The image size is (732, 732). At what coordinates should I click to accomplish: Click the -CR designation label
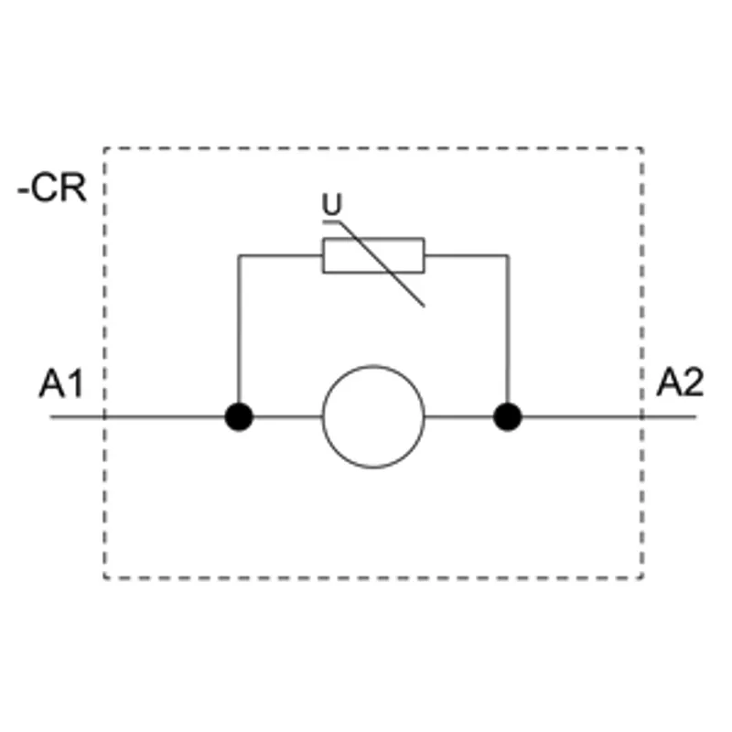point(52,188)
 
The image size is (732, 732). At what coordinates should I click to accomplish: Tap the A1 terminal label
point(61,383)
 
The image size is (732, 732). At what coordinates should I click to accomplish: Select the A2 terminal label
point(680,382)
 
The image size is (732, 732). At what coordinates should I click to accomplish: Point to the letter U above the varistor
point(332,204)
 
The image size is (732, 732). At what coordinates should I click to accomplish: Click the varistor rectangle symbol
point(373,255)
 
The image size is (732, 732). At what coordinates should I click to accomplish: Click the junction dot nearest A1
point(239,416)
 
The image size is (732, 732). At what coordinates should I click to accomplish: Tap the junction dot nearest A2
point(508,416)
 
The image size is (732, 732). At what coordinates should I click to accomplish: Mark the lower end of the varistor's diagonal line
point(424,307)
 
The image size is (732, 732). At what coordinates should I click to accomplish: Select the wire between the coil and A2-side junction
point(459,416)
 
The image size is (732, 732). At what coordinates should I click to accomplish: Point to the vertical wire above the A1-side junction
point(239,329)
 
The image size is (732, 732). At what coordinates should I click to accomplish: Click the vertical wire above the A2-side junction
point(508,329)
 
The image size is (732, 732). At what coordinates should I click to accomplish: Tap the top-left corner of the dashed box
point(104,148)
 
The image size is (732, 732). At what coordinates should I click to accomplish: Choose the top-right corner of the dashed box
point(642,148)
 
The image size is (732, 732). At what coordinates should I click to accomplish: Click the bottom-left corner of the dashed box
point(104,578)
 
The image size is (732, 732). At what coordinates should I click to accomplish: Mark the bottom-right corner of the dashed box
point(642,578)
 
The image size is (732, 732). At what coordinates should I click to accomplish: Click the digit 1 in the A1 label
point(76,383)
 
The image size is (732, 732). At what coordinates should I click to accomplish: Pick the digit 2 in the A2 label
point(693,382)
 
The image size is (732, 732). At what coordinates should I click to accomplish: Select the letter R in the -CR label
point(74,188)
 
